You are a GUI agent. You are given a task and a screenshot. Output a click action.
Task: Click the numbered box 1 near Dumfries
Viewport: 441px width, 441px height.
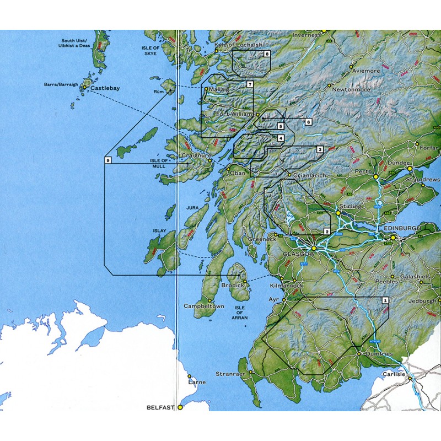pyautogui.click(x=385, y=300)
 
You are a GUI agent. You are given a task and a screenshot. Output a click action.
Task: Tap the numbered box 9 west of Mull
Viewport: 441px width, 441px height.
pyautogui.click(x=107, y=160)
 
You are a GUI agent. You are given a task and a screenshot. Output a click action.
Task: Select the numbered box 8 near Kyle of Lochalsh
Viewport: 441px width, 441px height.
pyautogui.click(x=267, y=54)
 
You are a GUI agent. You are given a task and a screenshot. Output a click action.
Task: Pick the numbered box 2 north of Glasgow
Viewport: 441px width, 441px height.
pyautogui.click(x=326, y=232)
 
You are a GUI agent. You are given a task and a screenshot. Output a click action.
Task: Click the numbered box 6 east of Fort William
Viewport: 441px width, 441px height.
pyautogui.click(x=308, y=121)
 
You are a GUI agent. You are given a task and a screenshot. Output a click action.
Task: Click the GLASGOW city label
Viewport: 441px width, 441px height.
pyautogui.click(x=298, y=254)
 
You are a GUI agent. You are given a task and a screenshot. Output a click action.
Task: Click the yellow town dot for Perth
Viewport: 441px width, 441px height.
pyautogui.click(x=375, y=177)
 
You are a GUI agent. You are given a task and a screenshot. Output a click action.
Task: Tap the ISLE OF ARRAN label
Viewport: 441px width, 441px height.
pyautogui.click(x=240, y=313)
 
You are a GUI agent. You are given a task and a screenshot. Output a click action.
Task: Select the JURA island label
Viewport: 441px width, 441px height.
pyautogui.click(x=192, y=207)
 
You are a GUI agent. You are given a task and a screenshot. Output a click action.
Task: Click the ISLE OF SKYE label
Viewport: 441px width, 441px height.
pyautogui.click(x=150, y=51)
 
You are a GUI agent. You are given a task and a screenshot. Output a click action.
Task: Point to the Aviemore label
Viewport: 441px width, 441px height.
pyautogui.click(x=366, y=71)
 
